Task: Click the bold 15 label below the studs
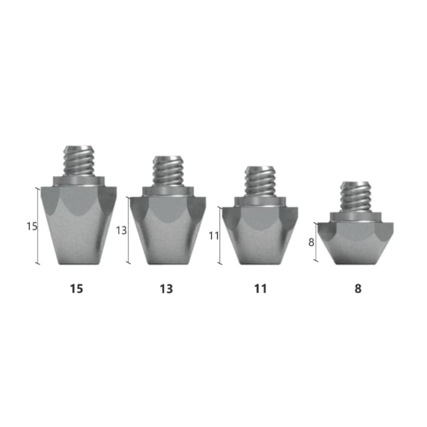77,289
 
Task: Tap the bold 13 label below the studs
166,289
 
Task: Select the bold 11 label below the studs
260,289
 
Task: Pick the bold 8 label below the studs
358,289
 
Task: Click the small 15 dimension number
31,226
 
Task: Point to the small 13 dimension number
121,231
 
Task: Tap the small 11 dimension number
213,236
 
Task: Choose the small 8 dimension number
312,242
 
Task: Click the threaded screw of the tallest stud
79,161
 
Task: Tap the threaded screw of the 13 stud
168,171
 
